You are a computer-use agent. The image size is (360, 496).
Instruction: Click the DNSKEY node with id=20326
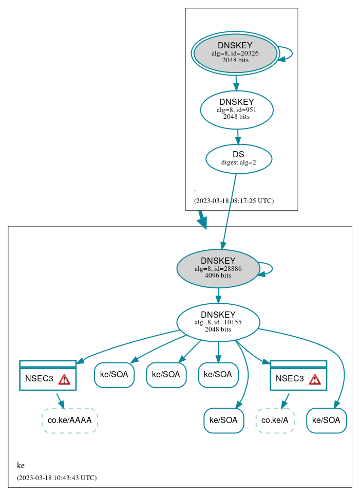pos(235,53)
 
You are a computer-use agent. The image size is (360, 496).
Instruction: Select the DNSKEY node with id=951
pos(236,109)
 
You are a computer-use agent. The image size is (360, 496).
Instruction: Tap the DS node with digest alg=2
pos(238,158)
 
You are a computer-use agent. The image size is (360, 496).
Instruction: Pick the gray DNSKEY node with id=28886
pos(218,268)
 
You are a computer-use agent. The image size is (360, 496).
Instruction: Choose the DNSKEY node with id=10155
pos(218,322)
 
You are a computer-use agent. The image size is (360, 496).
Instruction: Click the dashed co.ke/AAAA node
pos(69,420)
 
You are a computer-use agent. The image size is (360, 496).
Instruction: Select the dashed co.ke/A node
pos(275,420)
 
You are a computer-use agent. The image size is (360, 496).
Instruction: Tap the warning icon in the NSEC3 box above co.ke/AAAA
pos(64,379)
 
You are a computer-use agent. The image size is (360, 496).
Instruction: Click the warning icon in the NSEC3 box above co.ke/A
pos(314,379)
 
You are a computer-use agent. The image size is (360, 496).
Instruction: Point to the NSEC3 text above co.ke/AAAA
pos(39,379)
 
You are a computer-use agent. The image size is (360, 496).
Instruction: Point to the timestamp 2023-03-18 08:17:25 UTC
pos(234,201)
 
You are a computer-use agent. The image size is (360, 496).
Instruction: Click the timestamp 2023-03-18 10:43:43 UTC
pos(56,478)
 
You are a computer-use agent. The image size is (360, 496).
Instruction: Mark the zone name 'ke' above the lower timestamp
pos(21,466)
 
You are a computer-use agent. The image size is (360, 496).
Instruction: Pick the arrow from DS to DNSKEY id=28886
pos(229,211)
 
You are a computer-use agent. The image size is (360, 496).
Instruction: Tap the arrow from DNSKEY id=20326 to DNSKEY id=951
pos(236,82)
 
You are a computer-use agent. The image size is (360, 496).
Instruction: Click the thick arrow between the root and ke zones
pos(202,219)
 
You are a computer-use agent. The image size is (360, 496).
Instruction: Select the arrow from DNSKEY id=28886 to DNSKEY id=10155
pos(218,296)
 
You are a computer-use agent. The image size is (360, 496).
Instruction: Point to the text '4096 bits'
pos(218,275)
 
